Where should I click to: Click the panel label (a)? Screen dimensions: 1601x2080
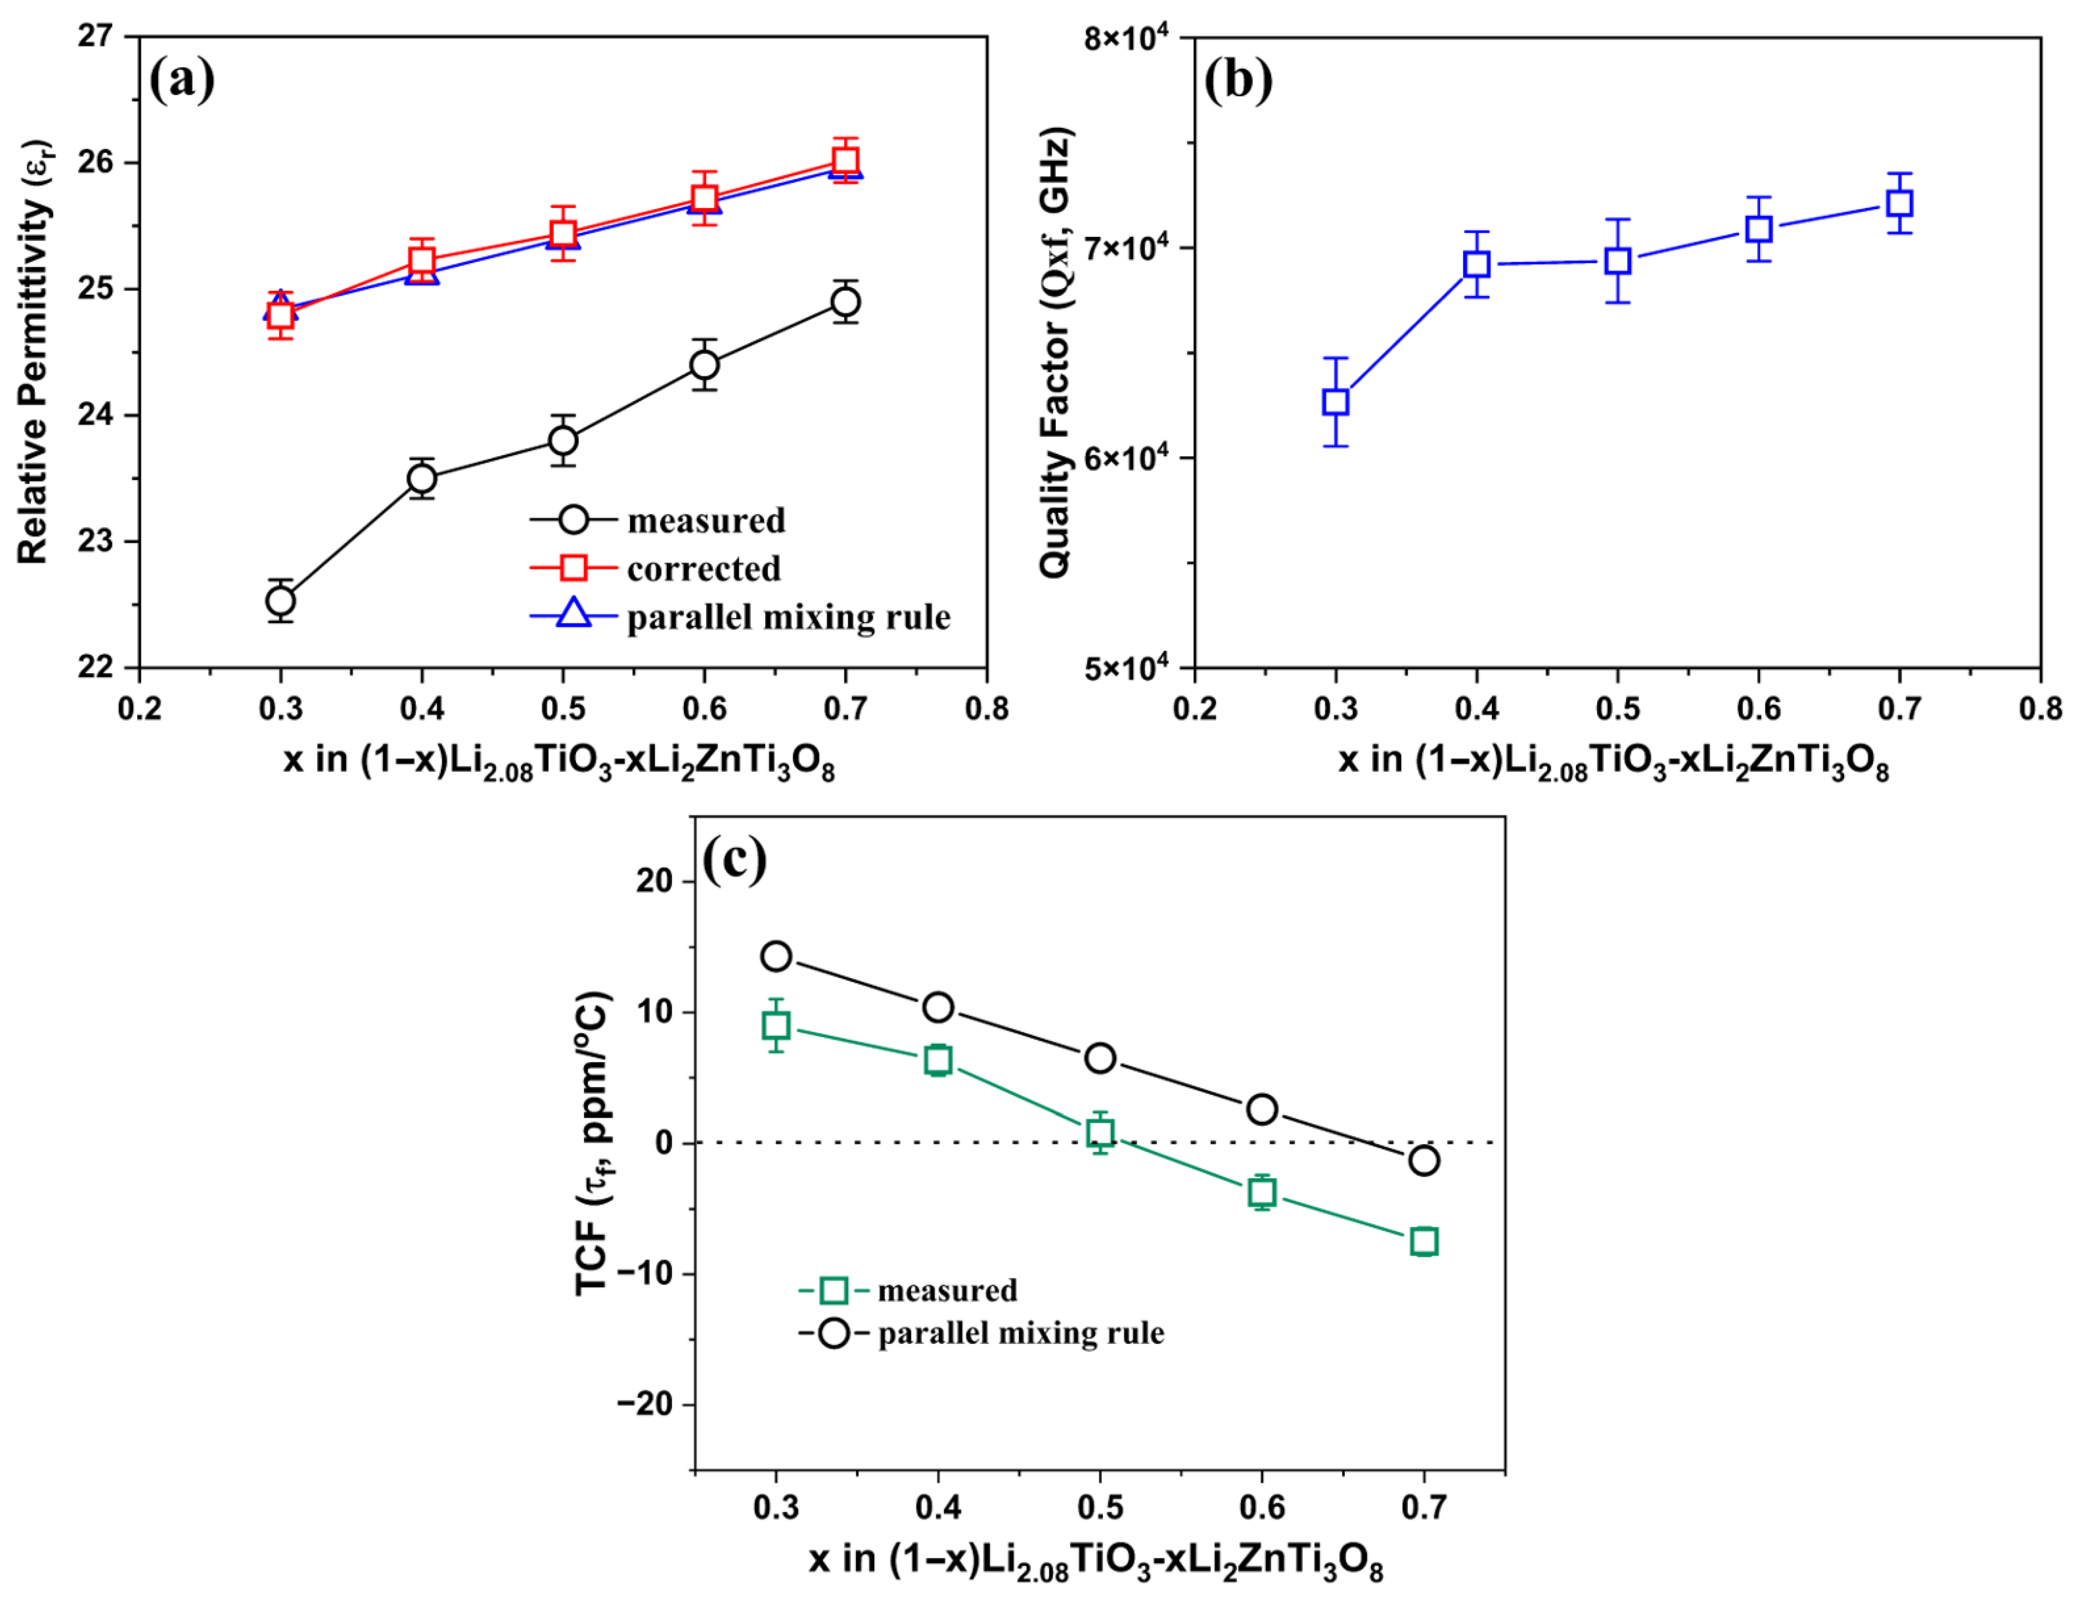pos(181,79)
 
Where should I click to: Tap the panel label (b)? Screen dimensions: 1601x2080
pos(1238,79)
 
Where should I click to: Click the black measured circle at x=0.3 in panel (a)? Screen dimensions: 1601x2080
pos(280,601)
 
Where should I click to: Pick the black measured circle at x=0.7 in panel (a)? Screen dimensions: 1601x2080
pos(845,302)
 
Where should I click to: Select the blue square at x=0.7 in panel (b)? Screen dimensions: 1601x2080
pos(1899,203)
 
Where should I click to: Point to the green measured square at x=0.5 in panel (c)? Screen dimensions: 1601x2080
pos(1100,1132)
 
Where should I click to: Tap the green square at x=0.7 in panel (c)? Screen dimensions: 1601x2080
pos(1424,1241)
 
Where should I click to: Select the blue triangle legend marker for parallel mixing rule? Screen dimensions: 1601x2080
pos(573,614)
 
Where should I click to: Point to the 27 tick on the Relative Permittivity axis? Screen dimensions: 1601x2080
pos(95,36)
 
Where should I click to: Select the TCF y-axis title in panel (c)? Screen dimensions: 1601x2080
pos(592,1143)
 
